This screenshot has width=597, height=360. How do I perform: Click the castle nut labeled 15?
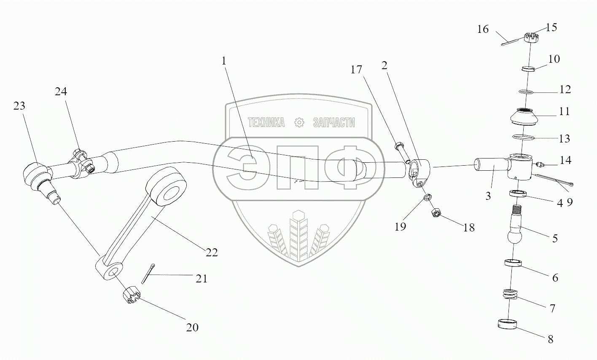530,38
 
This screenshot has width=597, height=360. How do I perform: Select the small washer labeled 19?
427,197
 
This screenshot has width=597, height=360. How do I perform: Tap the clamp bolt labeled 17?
401,150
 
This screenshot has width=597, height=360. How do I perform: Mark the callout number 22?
211,252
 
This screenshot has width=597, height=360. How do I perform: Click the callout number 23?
19,106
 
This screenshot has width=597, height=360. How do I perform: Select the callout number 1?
224,61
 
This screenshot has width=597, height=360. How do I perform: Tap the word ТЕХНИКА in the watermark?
266,123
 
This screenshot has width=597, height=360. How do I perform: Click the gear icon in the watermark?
299,123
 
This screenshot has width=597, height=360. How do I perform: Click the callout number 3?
488,196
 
